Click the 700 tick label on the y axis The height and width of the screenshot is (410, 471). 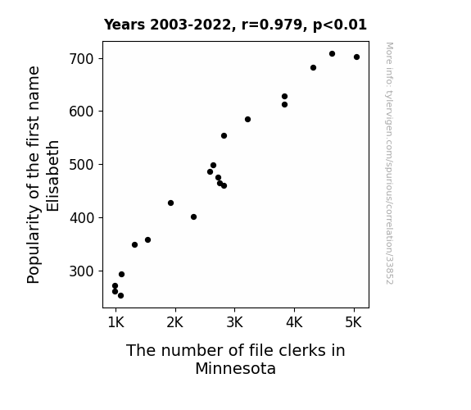82,59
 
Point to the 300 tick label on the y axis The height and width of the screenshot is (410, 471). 82,271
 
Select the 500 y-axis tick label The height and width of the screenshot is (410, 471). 82,165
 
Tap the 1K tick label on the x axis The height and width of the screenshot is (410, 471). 116,322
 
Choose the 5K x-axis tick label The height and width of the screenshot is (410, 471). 354,322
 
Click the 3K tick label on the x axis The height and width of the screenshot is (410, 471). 234,322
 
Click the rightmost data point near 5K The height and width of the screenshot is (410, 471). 356,57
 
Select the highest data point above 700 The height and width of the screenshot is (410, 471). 332,54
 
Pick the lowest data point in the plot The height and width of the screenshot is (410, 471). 120,296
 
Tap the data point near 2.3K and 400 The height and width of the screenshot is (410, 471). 194,216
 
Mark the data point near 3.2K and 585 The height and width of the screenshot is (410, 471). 248,120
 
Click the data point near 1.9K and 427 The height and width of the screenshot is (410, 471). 170,203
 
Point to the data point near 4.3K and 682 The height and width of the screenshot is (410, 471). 313,68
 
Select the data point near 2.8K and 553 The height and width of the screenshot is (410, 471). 224,136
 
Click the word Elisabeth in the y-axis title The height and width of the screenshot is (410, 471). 53,176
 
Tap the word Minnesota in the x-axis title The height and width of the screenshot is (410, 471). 236,368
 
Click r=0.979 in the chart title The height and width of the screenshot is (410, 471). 272,25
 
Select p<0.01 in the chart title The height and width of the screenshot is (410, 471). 340,25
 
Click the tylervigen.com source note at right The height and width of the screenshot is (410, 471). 389,163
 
